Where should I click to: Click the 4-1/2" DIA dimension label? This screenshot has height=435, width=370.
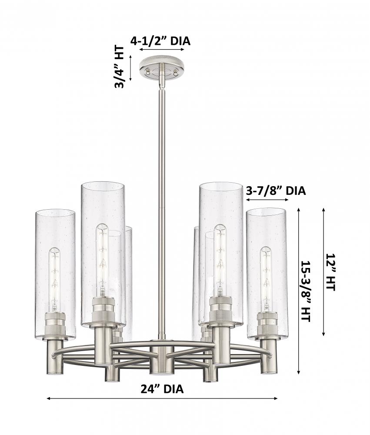(160, 41)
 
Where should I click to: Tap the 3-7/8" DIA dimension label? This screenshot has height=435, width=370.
(276, 191)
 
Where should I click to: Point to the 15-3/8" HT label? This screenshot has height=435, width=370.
(305, 291)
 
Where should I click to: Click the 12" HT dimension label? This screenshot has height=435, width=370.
(330, 272)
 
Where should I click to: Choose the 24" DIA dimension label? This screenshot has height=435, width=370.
(162, 389)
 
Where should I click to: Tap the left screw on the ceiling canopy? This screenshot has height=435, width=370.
(149, 73)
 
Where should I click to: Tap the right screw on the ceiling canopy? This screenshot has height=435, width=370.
(175, 73)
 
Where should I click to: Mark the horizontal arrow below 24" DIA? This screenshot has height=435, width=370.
(162, 398)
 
